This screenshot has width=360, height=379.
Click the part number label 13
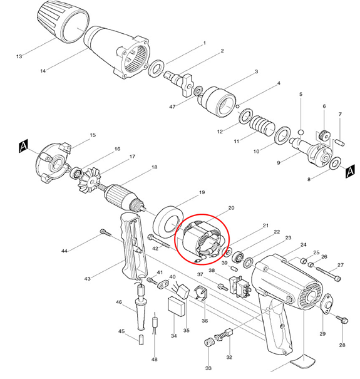[x=19, y=57]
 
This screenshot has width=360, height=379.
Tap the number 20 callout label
[x=231, y=207]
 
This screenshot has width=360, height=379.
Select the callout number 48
[x=154, y=359]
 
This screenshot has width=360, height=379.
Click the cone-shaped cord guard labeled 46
[x=142, y=309]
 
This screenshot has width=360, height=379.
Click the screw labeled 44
[x=104, y=234]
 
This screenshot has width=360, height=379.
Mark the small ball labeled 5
[x=301, y=132]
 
